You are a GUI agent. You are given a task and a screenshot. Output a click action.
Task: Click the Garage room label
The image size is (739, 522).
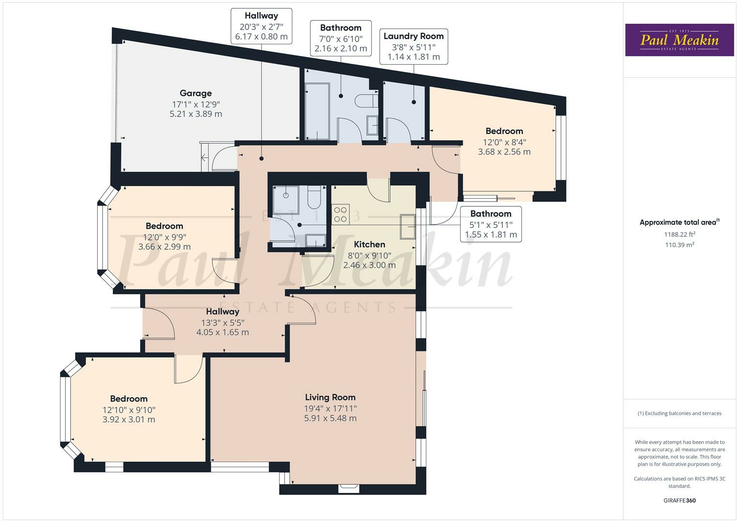196,93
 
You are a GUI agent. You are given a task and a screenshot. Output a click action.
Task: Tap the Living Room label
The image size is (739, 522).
330,397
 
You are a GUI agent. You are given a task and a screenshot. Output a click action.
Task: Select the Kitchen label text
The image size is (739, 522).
369,245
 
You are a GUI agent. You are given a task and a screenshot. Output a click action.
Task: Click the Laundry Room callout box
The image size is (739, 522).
413,46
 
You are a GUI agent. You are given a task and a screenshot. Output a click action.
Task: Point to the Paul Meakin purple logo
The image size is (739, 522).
679,40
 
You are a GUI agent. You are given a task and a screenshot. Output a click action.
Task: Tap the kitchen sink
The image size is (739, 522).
407,226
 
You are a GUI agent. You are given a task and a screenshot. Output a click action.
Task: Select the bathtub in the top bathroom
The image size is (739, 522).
317,111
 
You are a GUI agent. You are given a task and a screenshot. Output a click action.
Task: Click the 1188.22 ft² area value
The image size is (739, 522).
679,234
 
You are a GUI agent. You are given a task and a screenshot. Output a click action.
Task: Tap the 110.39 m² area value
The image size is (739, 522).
679,245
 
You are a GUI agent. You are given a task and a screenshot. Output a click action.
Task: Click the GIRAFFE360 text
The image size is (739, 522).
679,500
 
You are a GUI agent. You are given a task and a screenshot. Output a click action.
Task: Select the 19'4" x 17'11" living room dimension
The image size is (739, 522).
330,408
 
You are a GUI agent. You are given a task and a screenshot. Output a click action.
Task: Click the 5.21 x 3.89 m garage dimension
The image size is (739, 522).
196,114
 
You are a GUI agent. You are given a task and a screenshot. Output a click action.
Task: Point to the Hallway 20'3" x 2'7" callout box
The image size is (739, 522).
261,26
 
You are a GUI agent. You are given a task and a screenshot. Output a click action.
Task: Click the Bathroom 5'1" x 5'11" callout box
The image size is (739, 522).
491,224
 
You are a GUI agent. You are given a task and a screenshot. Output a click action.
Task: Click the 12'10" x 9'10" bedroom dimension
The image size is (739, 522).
129,409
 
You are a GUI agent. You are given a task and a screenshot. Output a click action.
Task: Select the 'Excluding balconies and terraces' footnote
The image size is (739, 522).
679,413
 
